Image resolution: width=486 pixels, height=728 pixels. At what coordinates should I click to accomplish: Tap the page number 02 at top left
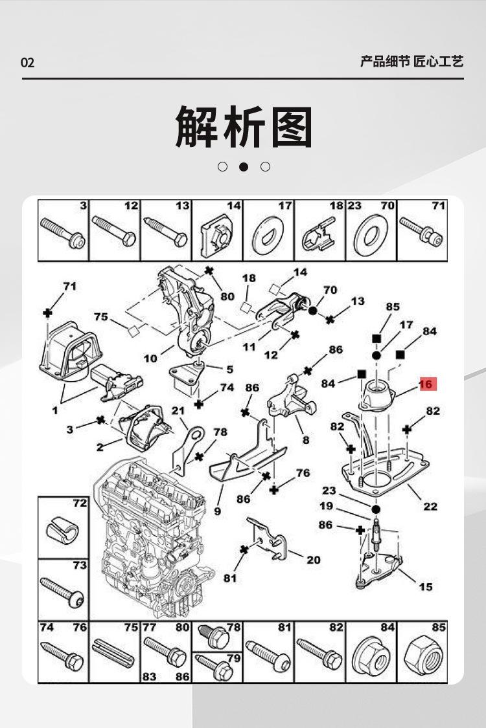pyautogui.click(x=27, y=63)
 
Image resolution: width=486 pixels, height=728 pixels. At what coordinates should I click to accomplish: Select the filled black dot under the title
pyautogui.click(x=244, y=166)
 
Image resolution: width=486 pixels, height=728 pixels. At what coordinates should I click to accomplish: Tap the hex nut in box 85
pyautogui.click(x=422, y=657)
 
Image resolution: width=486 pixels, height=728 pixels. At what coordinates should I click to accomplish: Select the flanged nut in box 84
pyautogui.click(x=371, y=657)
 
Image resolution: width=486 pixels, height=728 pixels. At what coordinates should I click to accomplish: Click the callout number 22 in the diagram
pyautogui.click(x=430, y=506)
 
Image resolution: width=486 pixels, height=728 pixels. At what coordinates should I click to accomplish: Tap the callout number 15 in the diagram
pyautogui.click(x=426, y=587)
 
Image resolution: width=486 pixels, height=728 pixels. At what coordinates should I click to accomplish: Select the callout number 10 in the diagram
pyautogui.click(x=150, y=358)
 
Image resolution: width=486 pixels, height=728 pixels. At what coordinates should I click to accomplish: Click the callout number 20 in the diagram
pyautogui.click(x=314, y=560)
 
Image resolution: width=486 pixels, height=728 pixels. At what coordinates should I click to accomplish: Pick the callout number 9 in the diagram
pyautogui.click(x=218, y=511)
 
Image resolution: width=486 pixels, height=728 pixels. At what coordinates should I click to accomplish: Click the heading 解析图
pyautogui.click(x=244, y=127)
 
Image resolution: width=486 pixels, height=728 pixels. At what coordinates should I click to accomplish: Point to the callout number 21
pyautogui.click(x=178, y=410)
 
